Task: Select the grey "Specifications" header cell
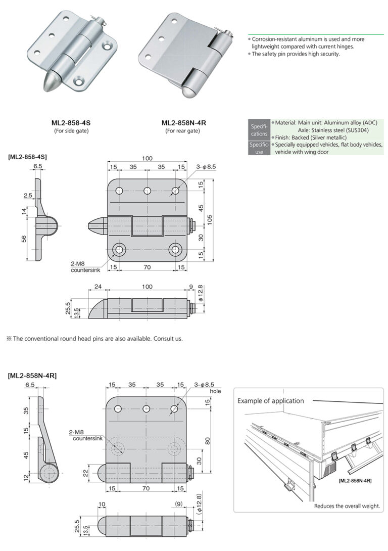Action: point(259,130)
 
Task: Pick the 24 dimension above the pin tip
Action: point(98,287)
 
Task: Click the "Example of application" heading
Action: point(271,401)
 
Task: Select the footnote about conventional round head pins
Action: point(94,338)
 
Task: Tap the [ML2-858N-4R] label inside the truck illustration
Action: point(355,480)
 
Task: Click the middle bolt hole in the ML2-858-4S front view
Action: point(148,191)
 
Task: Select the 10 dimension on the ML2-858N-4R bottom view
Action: point(102,504)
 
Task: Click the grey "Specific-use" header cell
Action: point(259,148)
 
